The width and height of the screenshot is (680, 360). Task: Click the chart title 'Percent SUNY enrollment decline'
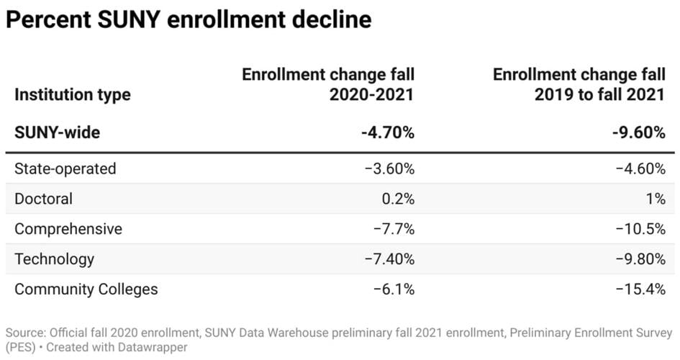click(189, 19)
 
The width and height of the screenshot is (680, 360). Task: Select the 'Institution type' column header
click(73, 95)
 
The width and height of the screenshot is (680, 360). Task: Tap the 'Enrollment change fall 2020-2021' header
click(328, 85)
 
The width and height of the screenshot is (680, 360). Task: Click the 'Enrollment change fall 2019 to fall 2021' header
click(579, 85)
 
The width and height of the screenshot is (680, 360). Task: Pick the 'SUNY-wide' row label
click(57, 133)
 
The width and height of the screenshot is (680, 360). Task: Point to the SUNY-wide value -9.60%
click(638, 133)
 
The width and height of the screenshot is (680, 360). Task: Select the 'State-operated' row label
click(65, 168)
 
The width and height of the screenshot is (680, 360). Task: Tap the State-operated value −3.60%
click(389, 168)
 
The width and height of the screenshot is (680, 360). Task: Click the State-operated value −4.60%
click(640, 168)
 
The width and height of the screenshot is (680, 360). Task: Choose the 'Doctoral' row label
click(43, 199)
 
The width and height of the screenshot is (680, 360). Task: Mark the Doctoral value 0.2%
click(397, 199)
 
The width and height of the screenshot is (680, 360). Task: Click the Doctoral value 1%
click(656, 199)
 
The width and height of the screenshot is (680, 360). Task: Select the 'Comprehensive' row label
click(68, 229)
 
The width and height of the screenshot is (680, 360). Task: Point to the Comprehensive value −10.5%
click(640, 229)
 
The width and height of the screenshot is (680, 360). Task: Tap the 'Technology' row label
click(54, 259)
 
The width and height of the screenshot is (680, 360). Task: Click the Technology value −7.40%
click(389, 259)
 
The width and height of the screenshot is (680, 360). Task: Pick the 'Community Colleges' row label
click(86, 289)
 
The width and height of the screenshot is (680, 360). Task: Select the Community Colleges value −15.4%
click(640, 289)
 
